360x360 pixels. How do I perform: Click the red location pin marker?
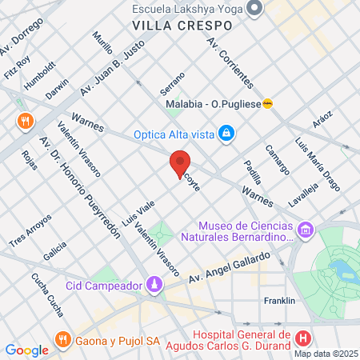pos(180,162)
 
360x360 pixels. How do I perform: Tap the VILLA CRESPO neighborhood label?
pos(182,25)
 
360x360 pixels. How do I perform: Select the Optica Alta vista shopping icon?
pos(226,133)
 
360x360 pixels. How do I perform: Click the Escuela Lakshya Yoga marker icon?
pos(255,10)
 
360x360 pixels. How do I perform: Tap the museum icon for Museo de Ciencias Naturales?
pos(306,231)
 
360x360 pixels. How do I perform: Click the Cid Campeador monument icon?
pos(154,284)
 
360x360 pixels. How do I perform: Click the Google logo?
pos(26,350)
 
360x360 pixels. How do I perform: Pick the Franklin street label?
pos(280,301)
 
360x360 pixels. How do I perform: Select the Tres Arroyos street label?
pos(31,231)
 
